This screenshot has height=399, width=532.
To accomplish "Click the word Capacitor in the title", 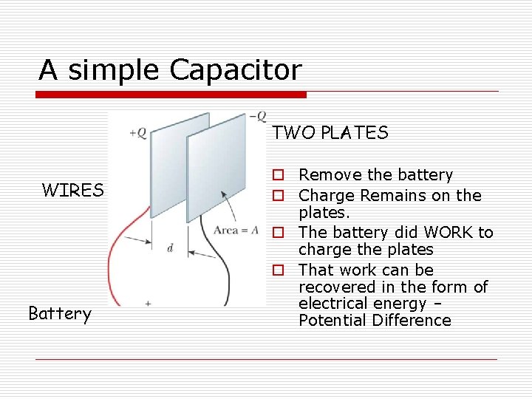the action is coord(236,70).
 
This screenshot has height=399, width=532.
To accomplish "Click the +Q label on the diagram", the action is coord(137,133).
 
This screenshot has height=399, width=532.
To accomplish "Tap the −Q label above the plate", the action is coord(258,116).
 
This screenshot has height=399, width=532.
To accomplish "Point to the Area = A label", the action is coord(235,230).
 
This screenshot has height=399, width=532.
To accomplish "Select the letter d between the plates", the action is coord(170,248).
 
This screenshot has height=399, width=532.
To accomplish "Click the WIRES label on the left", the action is coord(72,191).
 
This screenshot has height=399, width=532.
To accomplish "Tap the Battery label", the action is coord(60,314).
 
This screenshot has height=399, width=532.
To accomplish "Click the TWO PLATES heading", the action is coord(330,133).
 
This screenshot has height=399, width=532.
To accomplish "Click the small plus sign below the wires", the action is coord(148,303).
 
